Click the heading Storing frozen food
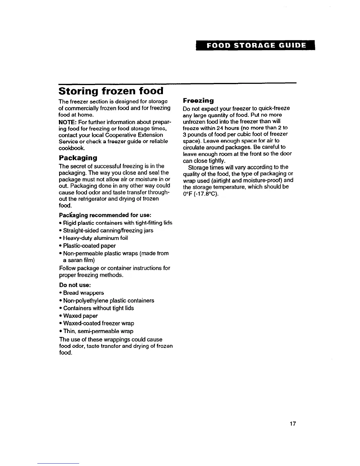coord(111,91)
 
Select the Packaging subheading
coord(78,158)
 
